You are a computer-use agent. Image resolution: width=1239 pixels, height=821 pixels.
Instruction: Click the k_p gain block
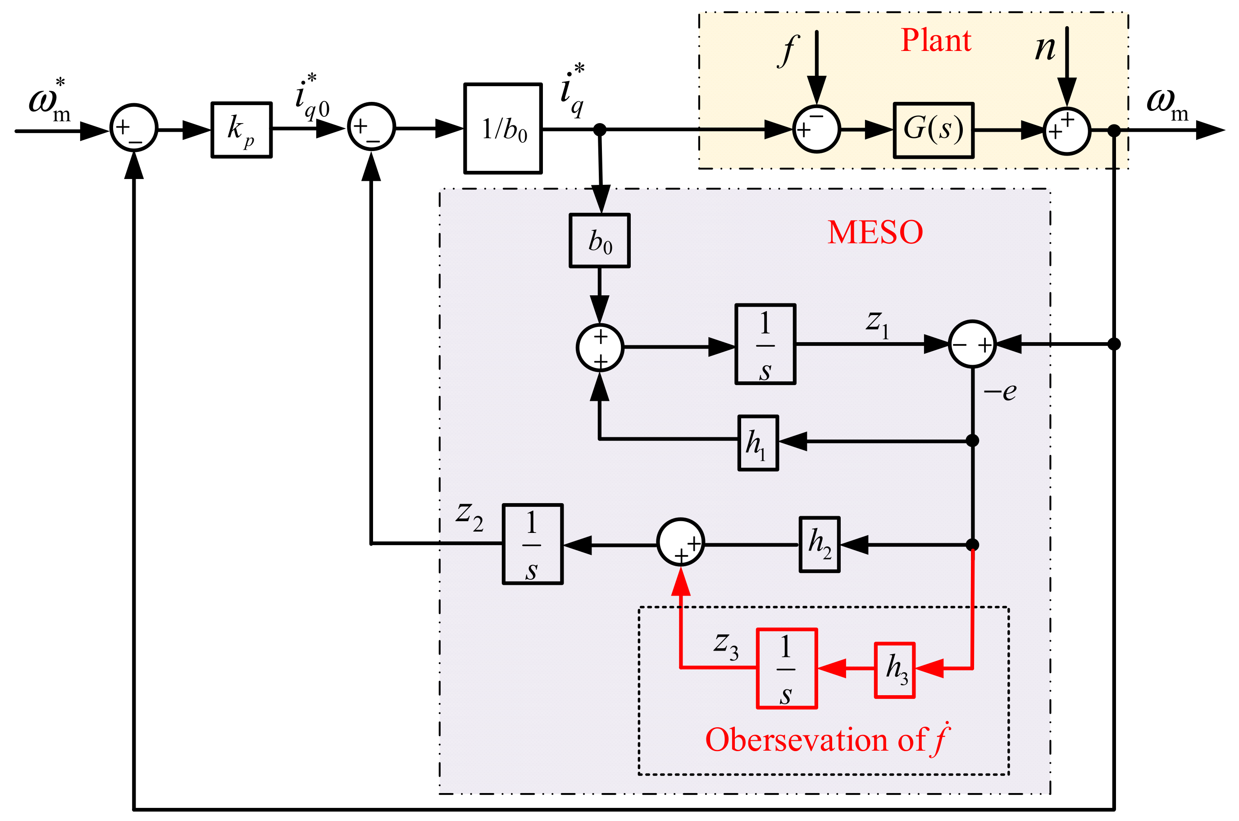(x=241, y=130)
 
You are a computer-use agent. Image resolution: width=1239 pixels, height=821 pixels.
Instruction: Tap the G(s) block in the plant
(x=934, y=130)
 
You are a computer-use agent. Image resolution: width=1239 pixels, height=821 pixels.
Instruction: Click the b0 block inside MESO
(x=600, y=241)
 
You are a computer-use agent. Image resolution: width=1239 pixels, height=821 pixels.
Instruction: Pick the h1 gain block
(x=758, y=443)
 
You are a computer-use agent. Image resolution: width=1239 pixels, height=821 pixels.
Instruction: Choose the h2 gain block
(x=820, y=545)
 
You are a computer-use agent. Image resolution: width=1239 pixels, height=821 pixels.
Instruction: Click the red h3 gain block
(x=895, y=670)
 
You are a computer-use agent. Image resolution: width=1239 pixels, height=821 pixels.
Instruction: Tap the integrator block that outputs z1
(x=765, y=344)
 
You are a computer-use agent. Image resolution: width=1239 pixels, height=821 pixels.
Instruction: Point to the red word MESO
(x=875, y=233)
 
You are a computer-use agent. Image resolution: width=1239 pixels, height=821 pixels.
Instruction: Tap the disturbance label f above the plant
(x=788, y=51)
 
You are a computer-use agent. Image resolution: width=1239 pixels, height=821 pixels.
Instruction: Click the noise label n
(x=1045, y=49)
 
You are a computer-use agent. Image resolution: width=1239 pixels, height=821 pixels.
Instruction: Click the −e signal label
(x=1000, y=392)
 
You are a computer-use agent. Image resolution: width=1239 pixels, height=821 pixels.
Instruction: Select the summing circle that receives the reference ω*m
(x=134, y=128)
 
